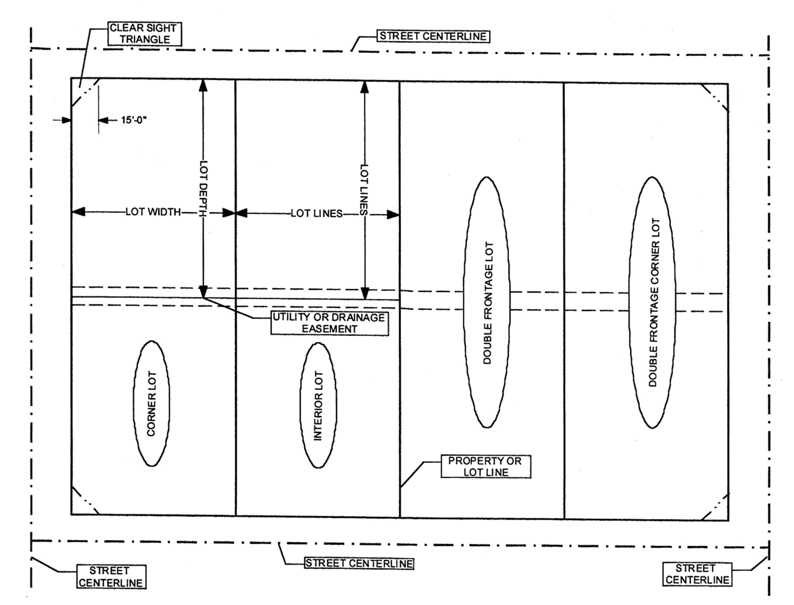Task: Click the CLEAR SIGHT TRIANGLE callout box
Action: [144, 34]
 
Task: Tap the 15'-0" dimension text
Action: [134, 120]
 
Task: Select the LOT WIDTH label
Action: [153, 212]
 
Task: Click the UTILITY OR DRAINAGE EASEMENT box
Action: [329, 323]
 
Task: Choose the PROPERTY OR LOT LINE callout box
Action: [485, 467]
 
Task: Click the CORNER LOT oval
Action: [151, 403]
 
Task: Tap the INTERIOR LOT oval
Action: [318, 405]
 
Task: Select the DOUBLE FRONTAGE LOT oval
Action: [487, 302]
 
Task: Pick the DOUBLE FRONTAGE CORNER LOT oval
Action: [652, 302]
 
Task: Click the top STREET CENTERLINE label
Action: [433, 36]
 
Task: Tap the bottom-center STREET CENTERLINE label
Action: [359, 564]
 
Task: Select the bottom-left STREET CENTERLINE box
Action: [111, 577]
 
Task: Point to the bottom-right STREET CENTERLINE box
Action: [697, 574]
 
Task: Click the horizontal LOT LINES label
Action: [316, 214]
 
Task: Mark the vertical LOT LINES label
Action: [364, 189]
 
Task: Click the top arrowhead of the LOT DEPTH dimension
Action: [203, 85]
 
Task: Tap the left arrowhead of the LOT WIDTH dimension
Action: [78, 212]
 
